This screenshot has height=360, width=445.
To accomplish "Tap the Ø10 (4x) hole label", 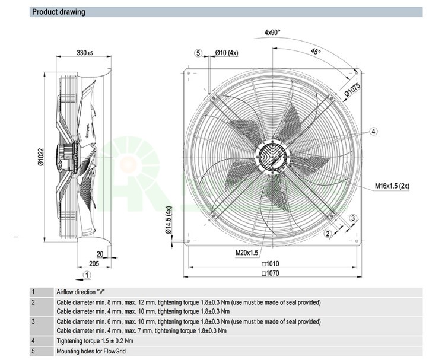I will point(226,53).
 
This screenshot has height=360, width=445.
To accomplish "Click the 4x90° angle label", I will point(272,33).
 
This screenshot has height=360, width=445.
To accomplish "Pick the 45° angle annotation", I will point(316,52).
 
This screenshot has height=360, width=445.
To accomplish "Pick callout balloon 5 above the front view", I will point(199,53).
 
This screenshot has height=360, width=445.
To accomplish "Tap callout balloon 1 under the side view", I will point(87,275).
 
